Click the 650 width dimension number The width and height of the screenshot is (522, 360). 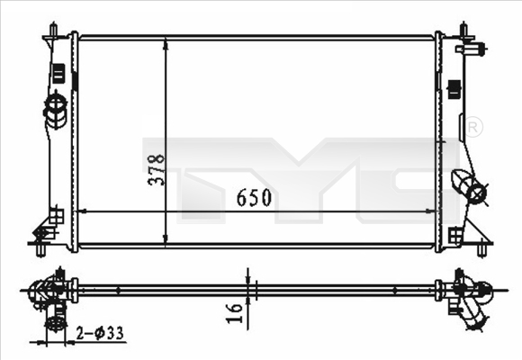pyautogui.click(x=254, y=197)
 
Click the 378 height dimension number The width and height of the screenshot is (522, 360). pyautogui.click(x=156, y=168)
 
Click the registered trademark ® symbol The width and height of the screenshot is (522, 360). pyautogui.click(x=474, y=129)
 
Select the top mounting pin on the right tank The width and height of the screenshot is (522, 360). pyautogui.click(x=469, y=30)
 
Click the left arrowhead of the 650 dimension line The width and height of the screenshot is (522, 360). pyautogui.click(x=85, y=211)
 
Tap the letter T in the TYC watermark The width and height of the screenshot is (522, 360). pyautogui.click(x=193, y=171)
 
